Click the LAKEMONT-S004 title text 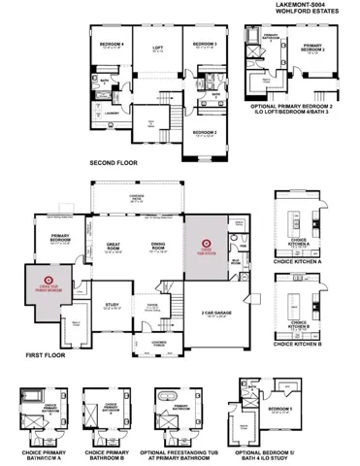311,5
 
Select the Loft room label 157,47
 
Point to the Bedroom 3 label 203,45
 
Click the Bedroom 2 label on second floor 204,132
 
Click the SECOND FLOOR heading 114,162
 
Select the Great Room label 114,247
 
